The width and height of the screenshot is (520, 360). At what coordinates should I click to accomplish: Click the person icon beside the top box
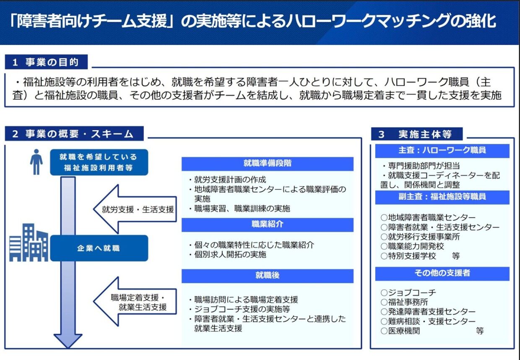(36, 162)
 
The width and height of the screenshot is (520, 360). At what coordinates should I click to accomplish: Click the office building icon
(29, 243)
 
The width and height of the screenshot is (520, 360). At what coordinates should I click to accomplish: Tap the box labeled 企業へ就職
(99, 248)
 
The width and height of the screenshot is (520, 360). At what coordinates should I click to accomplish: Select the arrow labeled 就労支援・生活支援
(135, 209)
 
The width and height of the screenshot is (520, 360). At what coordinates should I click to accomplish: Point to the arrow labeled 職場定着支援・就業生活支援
(135, 302)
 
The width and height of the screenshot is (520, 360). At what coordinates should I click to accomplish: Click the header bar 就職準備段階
(268, 164)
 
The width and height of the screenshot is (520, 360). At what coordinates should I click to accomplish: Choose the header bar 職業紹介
(268, 224)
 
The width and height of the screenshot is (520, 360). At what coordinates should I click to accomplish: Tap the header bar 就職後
(268, 276)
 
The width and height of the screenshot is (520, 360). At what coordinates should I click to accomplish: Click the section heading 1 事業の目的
(46, 62)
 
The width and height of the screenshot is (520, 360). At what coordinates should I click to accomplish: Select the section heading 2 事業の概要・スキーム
(74, 133)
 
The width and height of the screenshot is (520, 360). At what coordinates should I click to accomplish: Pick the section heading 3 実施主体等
(417, 134)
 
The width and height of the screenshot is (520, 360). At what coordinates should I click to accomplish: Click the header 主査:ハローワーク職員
(442, 151)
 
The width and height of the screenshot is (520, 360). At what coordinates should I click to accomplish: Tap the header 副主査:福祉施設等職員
(442, 197)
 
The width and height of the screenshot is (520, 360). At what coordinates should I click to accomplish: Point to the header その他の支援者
(442, 274)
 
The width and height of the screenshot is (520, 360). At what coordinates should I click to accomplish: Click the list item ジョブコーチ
(408, 292)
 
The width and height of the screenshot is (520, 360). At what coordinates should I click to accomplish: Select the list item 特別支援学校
(408, 256)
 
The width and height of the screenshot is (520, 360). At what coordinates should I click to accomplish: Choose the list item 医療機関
(400, 331)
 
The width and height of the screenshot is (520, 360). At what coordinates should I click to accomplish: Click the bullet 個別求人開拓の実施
(227, 255)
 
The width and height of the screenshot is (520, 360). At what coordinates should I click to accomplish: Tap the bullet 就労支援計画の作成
(227, 180)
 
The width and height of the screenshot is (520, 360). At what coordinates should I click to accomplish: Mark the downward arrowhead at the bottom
(68, 341)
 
